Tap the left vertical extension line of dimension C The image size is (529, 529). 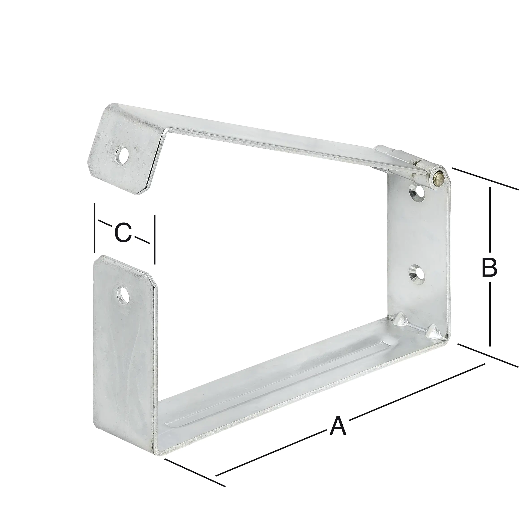[95, 227]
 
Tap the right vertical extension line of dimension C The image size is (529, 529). [155, 240]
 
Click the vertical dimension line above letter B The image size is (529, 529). [490, 219]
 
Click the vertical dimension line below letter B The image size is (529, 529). [490, 315]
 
